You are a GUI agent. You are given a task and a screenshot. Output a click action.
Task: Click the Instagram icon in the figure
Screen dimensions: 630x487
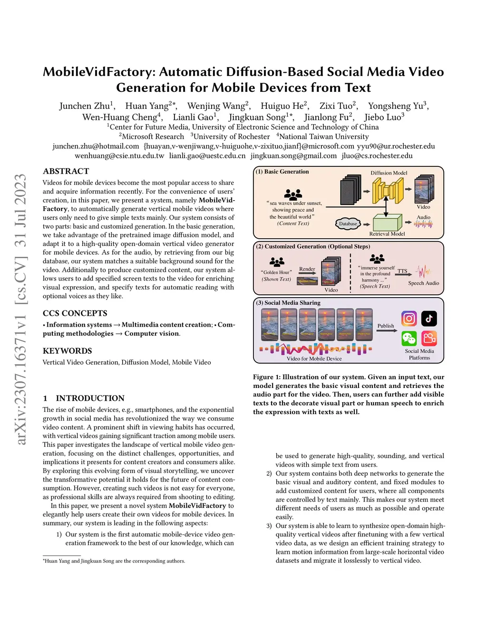409,318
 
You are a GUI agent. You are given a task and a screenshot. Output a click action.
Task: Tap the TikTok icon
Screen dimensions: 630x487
429,318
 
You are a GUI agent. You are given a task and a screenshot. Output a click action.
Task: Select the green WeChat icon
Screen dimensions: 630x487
409,338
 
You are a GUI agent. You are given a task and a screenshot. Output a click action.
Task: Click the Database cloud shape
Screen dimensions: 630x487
348,223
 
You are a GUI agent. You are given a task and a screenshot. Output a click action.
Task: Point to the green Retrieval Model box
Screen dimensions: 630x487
387,223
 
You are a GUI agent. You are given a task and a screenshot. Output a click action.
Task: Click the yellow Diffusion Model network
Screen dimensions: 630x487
388,190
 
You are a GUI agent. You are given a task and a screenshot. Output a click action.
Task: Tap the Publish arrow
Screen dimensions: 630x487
386,330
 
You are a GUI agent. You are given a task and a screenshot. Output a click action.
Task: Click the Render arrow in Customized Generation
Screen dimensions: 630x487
307,273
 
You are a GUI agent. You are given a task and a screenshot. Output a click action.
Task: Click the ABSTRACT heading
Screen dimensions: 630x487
66,171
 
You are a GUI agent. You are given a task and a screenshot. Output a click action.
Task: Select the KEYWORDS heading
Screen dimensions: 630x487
67,351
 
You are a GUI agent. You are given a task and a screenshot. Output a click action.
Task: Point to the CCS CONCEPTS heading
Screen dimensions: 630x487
75,313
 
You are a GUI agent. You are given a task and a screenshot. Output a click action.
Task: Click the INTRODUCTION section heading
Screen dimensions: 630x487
90,398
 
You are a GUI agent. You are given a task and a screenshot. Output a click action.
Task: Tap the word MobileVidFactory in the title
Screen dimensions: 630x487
98,72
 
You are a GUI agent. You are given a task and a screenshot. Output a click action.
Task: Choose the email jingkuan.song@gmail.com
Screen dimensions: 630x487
293,155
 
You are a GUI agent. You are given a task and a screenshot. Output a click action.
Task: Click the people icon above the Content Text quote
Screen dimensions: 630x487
293,194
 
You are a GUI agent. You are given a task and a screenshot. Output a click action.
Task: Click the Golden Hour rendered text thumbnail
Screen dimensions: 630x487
307,281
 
